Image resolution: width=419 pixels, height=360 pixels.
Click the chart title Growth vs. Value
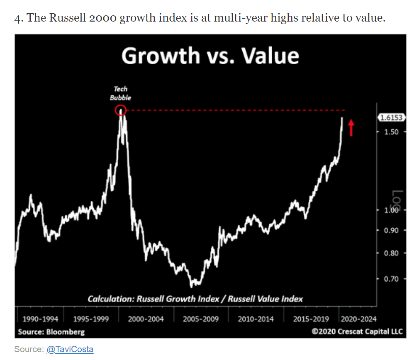(x=210, y=56)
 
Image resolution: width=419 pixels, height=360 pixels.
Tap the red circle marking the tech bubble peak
(x=120, y=110)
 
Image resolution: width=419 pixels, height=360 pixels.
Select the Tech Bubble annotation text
(x=121, y=93)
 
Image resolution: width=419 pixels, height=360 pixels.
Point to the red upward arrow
(x=351, y=127)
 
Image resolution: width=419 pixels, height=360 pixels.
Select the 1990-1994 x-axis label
(x=40, y=319)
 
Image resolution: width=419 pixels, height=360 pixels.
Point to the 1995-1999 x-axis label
(x=91, y=319)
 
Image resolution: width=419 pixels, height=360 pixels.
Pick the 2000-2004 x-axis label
(x=146, y=319)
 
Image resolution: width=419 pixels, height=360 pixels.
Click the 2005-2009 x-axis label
(x=200, y=319)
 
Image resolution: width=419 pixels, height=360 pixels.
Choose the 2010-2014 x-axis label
(x=256, y=319)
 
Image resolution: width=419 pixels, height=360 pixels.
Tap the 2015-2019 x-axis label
(x=311, y=319)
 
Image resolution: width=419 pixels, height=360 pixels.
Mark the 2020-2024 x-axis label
(x=358, y=319)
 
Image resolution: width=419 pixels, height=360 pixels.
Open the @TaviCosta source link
(x=70, y=349)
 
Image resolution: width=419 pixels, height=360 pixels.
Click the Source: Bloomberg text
(x=51, y=332)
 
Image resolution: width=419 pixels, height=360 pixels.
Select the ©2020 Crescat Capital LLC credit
(x=357, y=332)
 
